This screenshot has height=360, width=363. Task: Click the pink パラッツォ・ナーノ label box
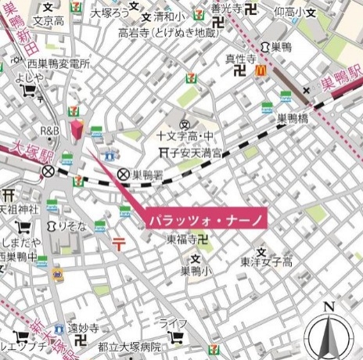tap(206, 219)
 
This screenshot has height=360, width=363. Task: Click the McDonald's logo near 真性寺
tap(262, 70)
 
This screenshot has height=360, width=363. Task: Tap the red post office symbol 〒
tap(120, 243)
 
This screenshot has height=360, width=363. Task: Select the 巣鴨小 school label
tap(196, 272)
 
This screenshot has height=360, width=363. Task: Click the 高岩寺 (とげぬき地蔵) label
tap(167, 33)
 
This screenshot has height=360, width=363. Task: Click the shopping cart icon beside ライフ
tap(177, 338)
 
